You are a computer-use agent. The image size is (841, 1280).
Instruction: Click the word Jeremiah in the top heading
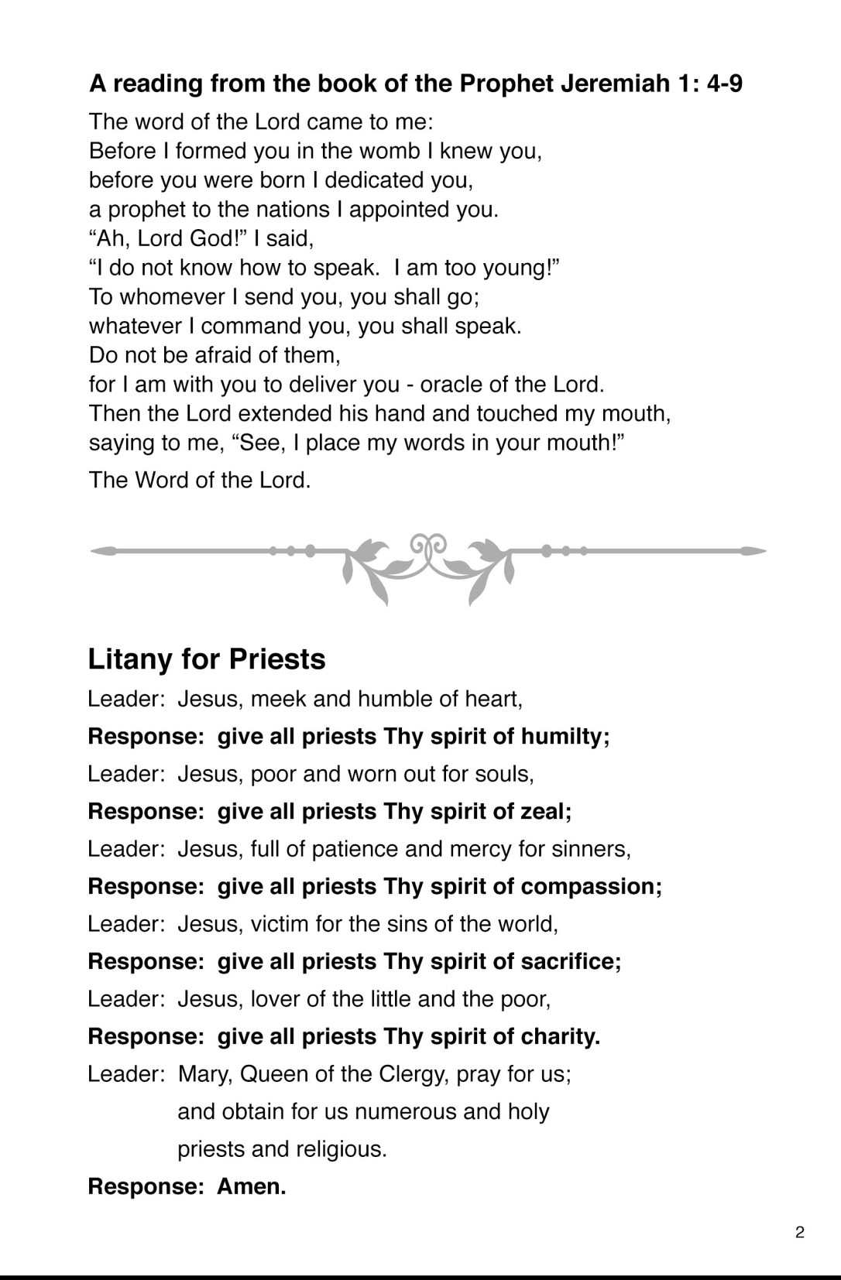(x=613, y=84)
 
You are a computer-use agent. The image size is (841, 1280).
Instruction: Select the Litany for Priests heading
(x=207, y=659)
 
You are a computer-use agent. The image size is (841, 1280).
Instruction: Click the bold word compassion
(x=591, y=887)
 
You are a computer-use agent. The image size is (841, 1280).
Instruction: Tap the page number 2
(x=800, y=1233)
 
